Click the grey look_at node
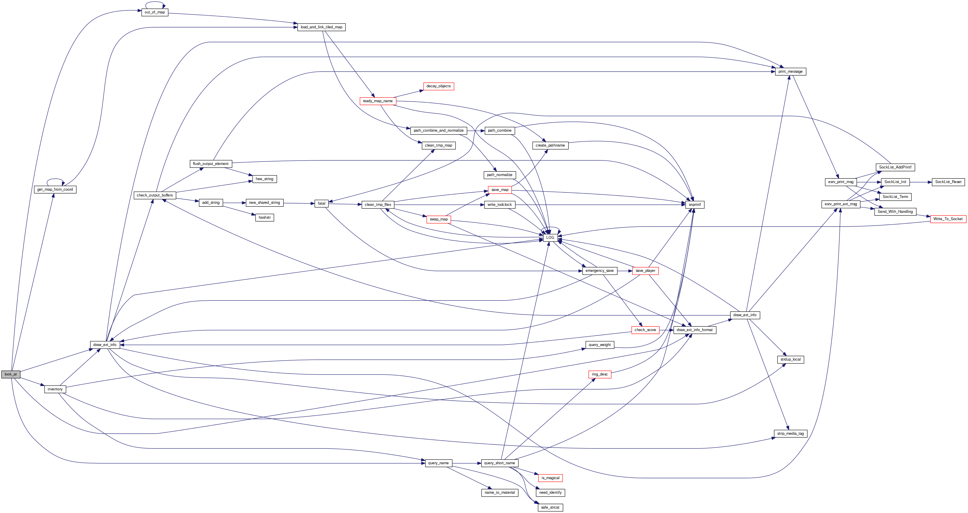(11, 374)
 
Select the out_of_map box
(154, 12)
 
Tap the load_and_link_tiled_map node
(321, 27)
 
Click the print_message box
(790, 72)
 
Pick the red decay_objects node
(438, 86)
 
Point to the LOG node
(550, 237)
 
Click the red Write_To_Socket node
(948, 219)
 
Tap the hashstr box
(265, 218)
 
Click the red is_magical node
(550, 478)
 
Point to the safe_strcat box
(550, 508)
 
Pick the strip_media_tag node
(790, 434)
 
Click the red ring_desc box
(599, 374)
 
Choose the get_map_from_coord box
(55, 189)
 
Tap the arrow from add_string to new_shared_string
(234, 203)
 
